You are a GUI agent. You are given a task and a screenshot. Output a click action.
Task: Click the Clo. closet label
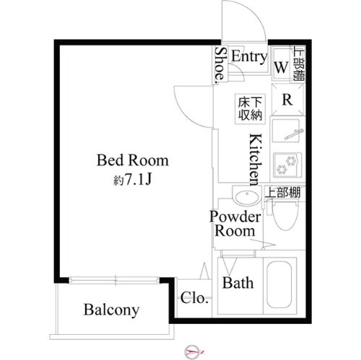pyautogui.click(x=194, y=297)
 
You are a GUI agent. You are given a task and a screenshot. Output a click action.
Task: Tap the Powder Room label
pyautogui.click(x=232, y=224)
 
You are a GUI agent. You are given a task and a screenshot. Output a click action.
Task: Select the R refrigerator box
pyautogui.click(x=286, y=100)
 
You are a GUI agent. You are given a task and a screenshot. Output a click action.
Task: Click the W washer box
pyautogui.click(x=282, y=68)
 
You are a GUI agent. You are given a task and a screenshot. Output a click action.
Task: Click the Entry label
pyautogui.click(x=250, y=57)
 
